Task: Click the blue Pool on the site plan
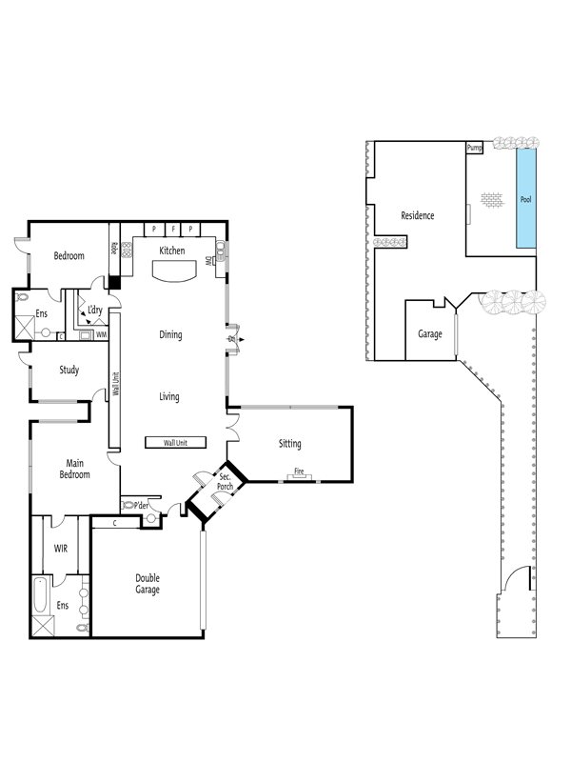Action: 526,198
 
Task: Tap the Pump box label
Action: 474,148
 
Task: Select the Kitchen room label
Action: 172,251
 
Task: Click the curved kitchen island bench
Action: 175,271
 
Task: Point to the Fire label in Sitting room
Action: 299,471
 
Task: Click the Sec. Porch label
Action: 225,482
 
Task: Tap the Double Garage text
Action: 148,584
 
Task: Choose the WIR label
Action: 61,549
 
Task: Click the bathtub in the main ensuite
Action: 40,595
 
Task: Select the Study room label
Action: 69,370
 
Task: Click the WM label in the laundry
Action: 102,335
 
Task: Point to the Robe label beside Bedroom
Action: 114,249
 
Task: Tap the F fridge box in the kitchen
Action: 173,229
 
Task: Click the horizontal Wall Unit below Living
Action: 176,443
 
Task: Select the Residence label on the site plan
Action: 418,215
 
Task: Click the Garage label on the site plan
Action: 430,334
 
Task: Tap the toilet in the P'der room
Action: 128,506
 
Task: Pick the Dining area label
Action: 171,335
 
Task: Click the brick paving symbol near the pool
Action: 492,199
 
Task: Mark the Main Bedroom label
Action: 75,469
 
